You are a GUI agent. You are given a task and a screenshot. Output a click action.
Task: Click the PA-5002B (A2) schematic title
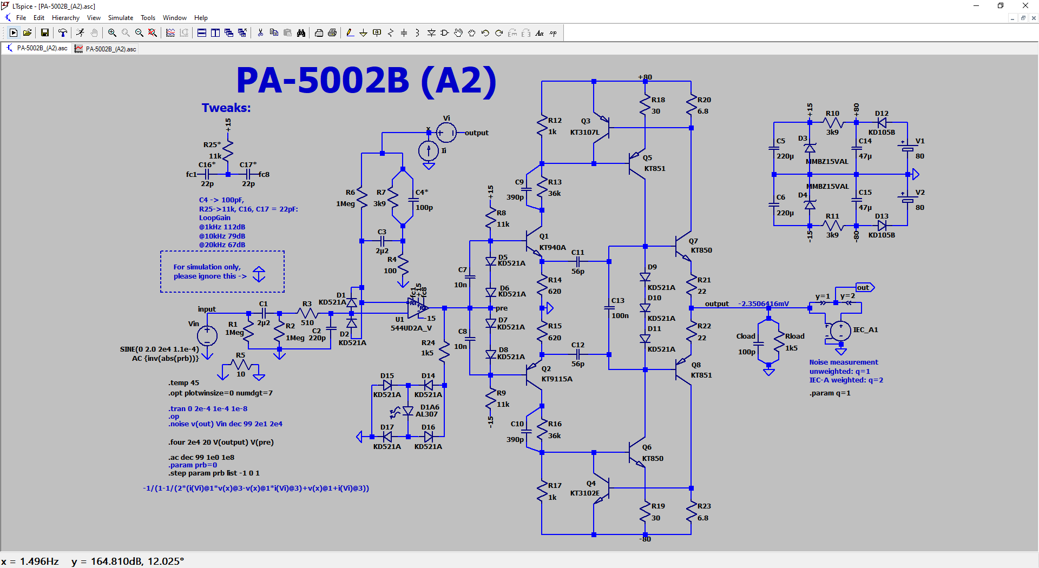tap(366, 81)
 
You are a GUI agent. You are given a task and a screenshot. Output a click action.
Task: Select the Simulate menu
tap(120, 18)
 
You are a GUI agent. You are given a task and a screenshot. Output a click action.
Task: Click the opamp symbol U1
tap(417, 308)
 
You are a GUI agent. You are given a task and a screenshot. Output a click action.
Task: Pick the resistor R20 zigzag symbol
tap(691, 105)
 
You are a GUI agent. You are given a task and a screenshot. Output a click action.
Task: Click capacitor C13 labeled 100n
tap(609, 308)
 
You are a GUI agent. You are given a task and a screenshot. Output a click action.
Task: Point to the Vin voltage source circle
tap(207, 336)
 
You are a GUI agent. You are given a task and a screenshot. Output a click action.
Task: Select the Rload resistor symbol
tap(779, 341)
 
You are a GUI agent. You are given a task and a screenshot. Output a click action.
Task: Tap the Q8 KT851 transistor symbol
tap(683, 370)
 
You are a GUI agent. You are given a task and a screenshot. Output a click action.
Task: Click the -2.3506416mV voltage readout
tap(763, 304)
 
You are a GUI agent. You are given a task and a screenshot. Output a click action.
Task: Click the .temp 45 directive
tap(183, 383)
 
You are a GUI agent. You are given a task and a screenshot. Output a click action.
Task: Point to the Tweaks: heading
tap(226, 108)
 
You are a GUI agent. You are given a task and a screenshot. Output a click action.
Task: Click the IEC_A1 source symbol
tap(840, 330)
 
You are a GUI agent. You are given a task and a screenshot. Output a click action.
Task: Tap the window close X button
tap(1025, 6)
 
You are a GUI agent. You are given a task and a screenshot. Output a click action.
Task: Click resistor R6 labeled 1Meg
tap(361, 198)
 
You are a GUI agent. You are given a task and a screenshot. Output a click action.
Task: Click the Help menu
tap(201, 18)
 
